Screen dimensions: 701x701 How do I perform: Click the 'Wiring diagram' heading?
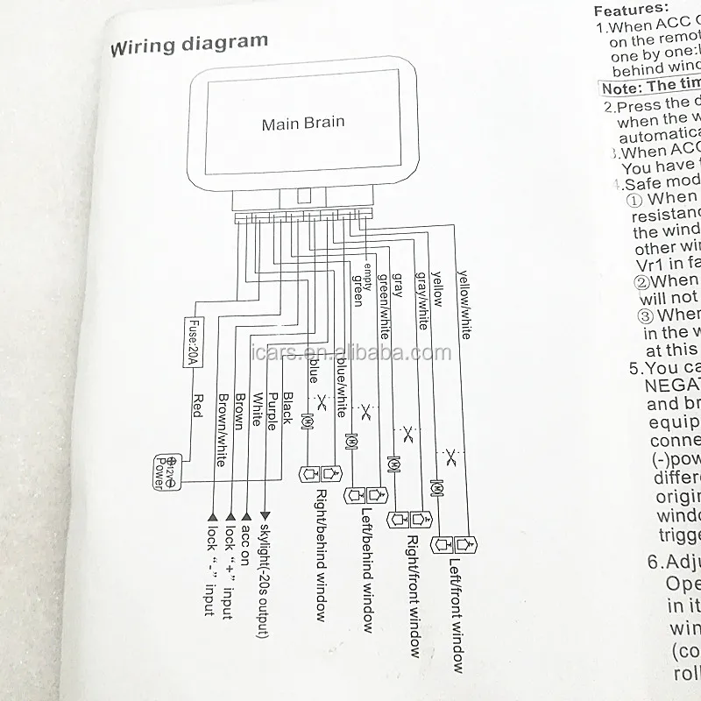click(188, 44)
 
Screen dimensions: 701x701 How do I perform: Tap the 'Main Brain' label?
click(303, 124)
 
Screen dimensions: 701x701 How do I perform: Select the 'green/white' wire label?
click(383, 306)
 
